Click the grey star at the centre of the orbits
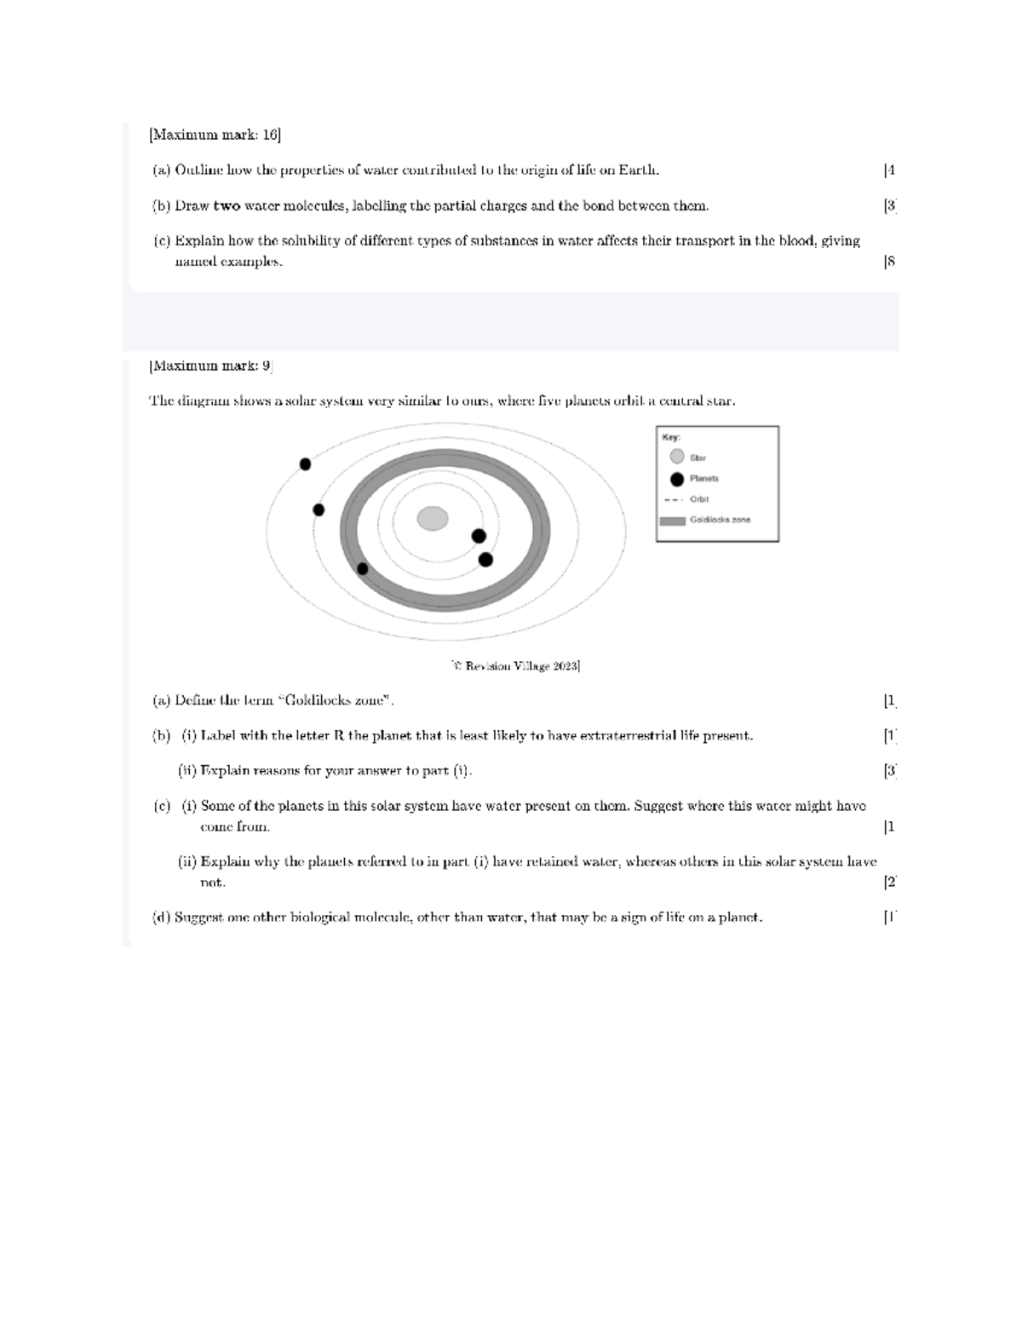(433, 518)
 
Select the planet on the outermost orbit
(305, 464)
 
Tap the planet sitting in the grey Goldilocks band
(363, 568)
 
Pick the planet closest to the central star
(479, 536)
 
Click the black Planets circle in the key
(677, 479)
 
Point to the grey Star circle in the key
(677, 457)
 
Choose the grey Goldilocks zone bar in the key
(673, 521)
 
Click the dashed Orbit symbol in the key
(673, 499)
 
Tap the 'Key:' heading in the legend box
(671, 437)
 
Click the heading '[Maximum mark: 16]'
(215, 135)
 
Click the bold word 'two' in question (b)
(227, 205)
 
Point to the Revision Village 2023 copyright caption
(516, 665)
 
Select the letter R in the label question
(339, 735)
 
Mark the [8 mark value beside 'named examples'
(890, 262)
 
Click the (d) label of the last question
(161, 917)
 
